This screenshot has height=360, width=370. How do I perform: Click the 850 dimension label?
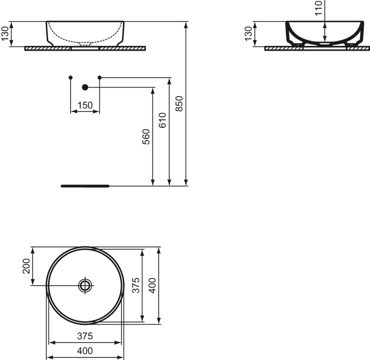[179, 104]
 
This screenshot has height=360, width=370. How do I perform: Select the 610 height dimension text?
[162, 120]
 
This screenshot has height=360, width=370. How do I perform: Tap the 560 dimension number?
[146, 137]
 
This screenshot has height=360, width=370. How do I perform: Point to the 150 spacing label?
[85, 105]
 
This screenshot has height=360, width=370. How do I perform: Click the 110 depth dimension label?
[319, 8]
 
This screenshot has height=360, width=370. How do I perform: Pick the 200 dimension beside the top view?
[27, 266]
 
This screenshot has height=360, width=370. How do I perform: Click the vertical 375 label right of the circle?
[136, 285]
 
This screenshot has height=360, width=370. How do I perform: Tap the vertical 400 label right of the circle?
[152, 285]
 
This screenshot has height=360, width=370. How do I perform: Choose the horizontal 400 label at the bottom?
[85, 351]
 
